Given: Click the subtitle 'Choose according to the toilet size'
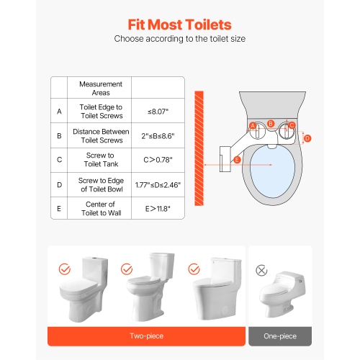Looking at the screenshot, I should [180, 39].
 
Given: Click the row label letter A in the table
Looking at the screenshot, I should [58, 112].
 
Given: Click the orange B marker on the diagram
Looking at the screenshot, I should [270, 124].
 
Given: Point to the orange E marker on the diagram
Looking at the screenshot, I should [237, 160].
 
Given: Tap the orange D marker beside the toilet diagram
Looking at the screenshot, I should [307, 138].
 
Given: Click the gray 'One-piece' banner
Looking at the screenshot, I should [280, 336].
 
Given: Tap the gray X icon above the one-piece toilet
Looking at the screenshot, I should [261, 271].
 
